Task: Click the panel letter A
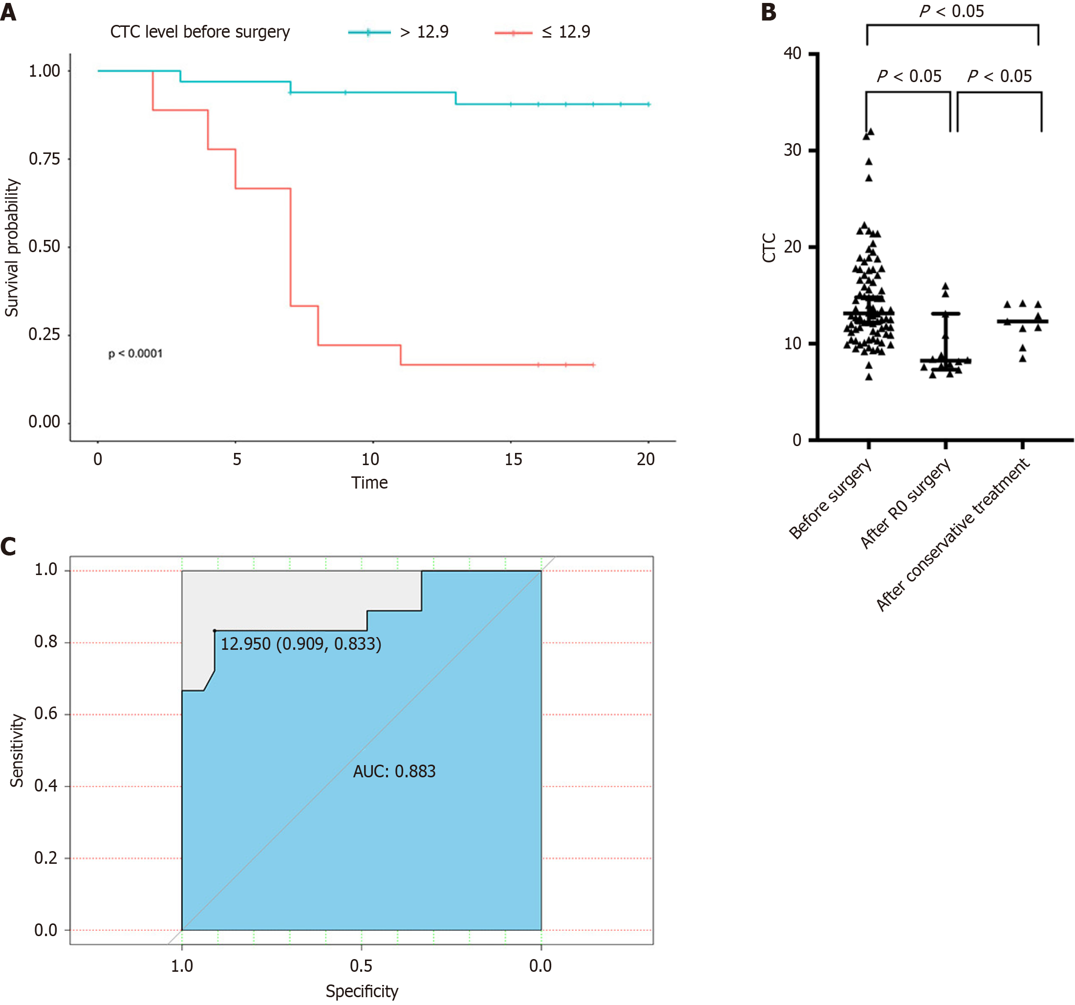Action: [x=8, y=12]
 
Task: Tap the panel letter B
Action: [x=769, y=12]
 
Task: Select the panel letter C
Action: [x=8, y=547]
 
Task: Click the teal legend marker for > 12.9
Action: [x=369, y=32]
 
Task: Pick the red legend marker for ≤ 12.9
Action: [x=513, y=33]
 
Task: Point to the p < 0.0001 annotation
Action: [x=135, y=354]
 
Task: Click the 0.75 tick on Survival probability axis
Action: [x=44, y=159]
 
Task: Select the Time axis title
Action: [x=369, y=483]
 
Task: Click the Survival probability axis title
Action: [x=12, y=248]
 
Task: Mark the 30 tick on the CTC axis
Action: [x=793, y=150]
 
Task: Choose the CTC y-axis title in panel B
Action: [x=769, y=248]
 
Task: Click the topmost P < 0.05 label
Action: [x=952, y=11]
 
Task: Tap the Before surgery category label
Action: [x=830, y=498]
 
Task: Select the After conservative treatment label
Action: [x=953, y=535]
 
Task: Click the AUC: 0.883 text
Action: [x=394, y=771]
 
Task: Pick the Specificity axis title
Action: [x=362, y=991]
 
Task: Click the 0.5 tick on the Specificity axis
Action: [x=361, y=966]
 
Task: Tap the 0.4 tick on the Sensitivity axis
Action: [x=45, y=786]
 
